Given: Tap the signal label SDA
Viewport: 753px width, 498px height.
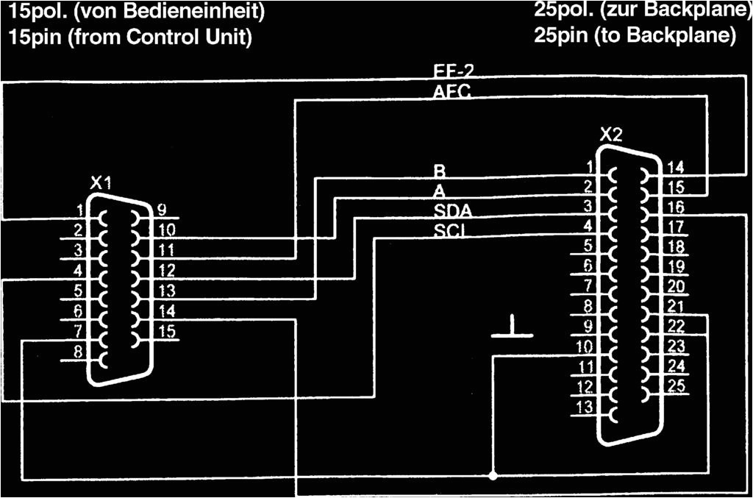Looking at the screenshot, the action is point(452,211).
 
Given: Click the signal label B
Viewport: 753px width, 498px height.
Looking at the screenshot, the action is point(440,171).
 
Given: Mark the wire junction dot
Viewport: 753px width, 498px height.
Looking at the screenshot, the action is point(493,475).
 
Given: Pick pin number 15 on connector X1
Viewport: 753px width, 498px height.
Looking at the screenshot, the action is point(168,332).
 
